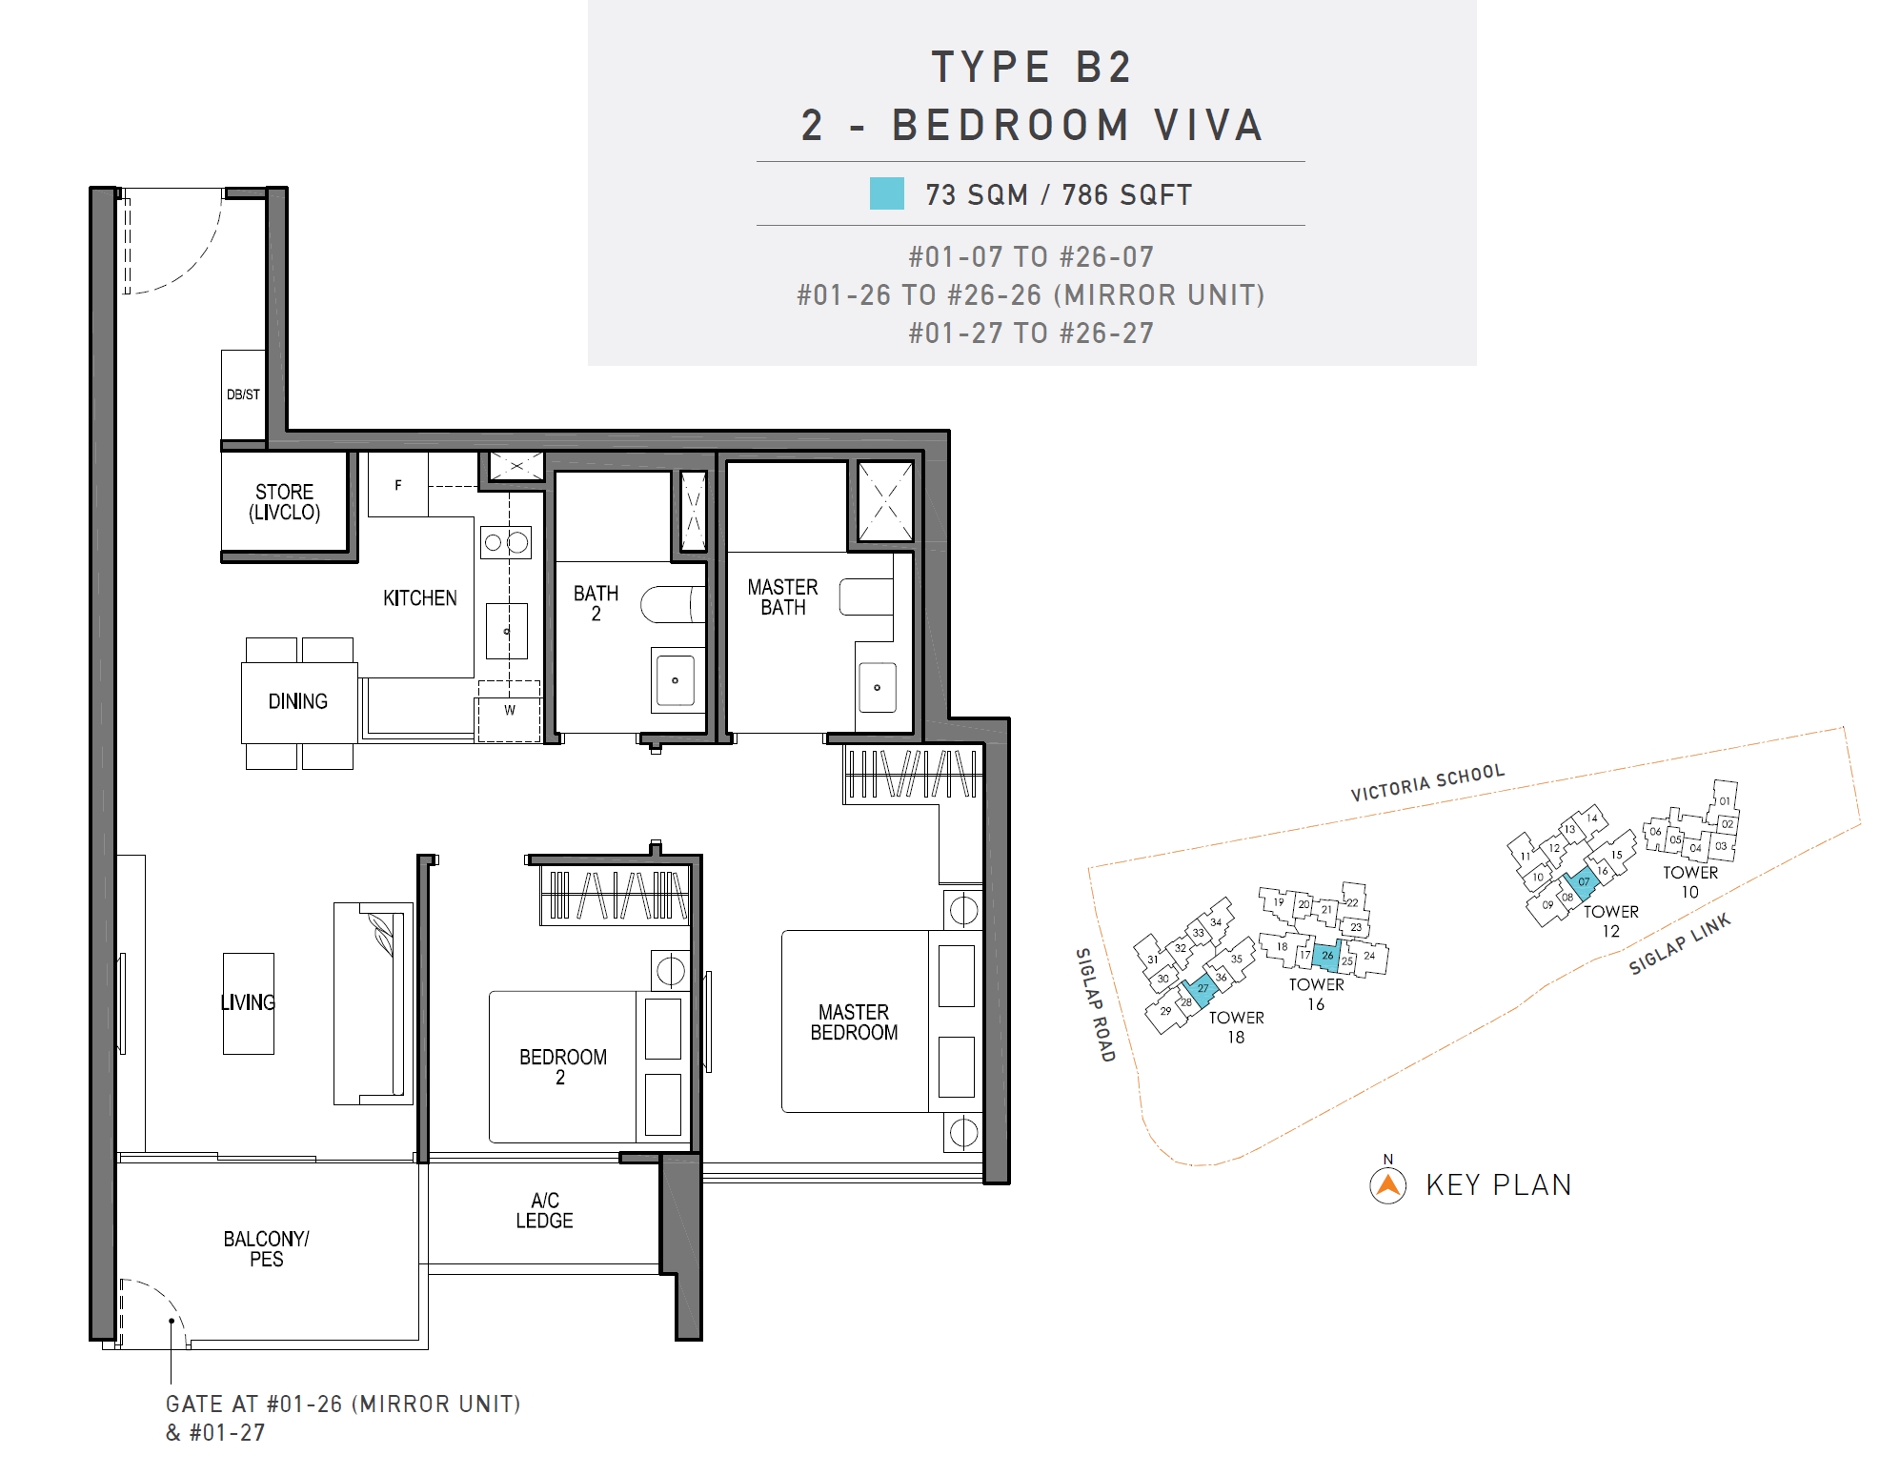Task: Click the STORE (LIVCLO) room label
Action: tap(284, 502)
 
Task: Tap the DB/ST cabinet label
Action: tap(243, 394)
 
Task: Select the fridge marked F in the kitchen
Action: tap(398, 485)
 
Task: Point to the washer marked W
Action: tap(509, 711)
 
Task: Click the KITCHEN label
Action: tap(419, 598)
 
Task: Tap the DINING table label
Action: tap(297, 701)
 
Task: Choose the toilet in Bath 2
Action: tap(673, 604)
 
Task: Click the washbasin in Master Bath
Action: tap(877, 687)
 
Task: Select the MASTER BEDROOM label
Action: tap(854, 1022)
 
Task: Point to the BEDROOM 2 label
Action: tap(562, 1067)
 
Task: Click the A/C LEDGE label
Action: tap(544, 1210)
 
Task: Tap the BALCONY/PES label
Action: tap(266, 1249)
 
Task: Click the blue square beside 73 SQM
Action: tap(886, 193)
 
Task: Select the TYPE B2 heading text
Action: tap(1032, 68)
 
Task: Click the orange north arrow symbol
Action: tap(1388, 1185)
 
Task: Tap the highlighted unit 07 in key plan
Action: tap(1582, 883)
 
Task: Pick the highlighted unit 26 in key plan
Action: tap(1326, 955)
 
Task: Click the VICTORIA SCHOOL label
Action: tap(1427, 782)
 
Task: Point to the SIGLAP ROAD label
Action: tap(1095, 1004)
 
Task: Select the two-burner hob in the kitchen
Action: tap(506, 543)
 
